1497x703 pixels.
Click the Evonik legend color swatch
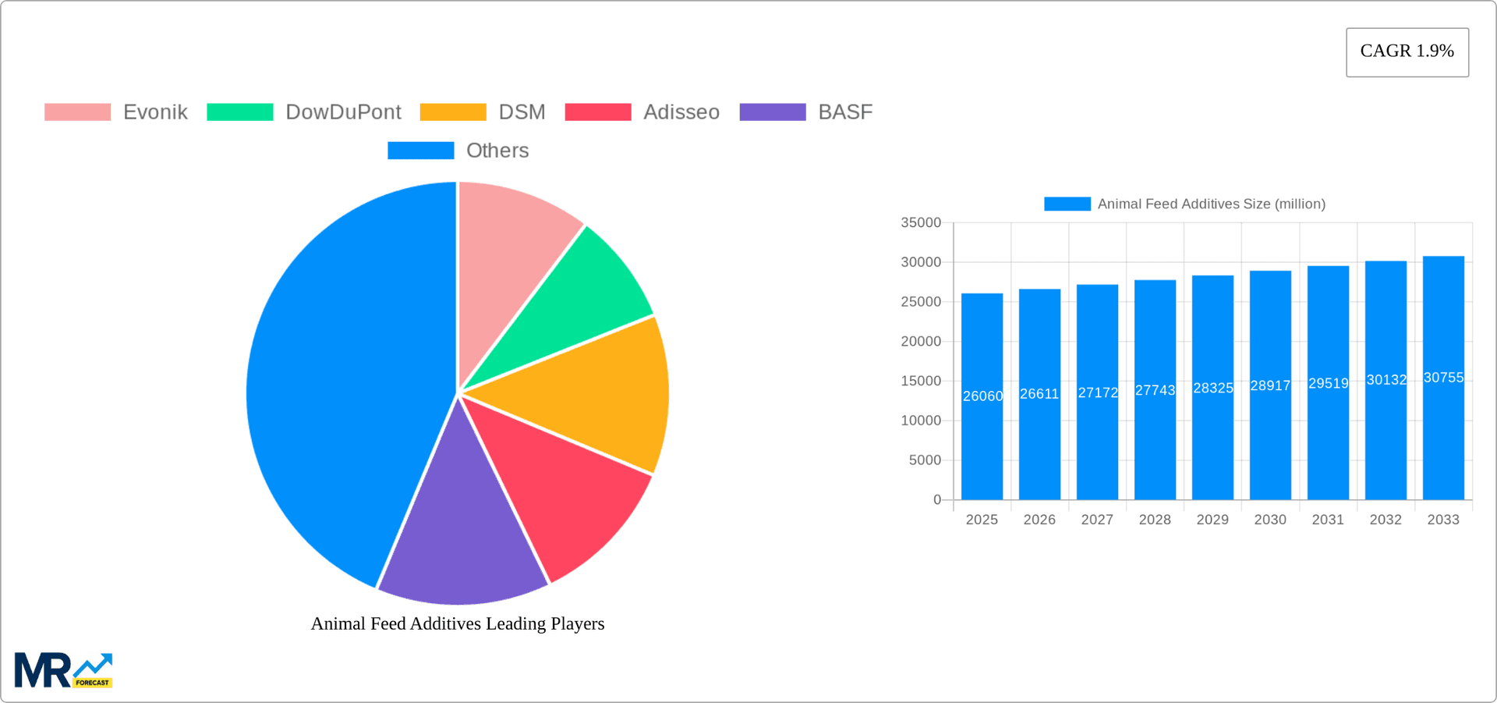[77, 112]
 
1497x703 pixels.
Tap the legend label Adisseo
[681, 112]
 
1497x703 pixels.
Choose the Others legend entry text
[497, 151]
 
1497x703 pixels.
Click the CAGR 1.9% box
[1407, 52]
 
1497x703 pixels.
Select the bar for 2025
[982, 437]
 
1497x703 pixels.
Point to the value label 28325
[1212, 388]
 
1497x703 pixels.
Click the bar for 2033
[1443, 437]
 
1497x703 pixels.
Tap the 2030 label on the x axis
[1270, 520]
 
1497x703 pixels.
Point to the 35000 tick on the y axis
[921, 223]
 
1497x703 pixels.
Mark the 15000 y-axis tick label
[921, 381]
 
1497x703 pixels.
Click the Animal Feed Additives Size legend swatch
[1067, 204]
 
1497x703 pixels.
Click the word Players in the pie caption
[577, 623]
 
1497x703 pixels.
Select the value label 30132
[1386, 380]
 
